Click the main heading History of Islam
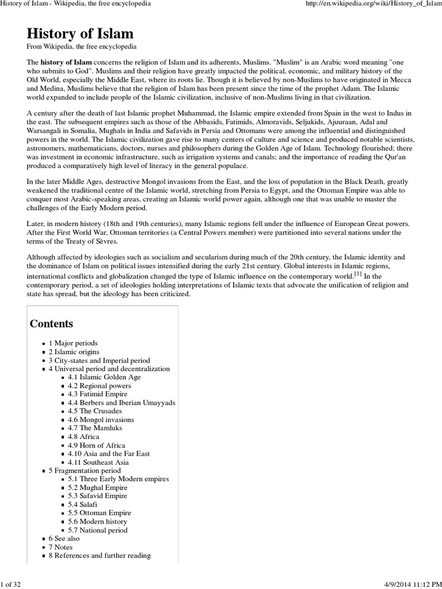[x=80, y=33]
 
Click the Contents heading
[x=51, y=323]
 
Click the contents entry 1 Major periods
[x=73, y=343]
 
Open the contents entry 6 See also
[x=64, y=538]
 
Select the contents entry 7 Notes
[x=60, y=547]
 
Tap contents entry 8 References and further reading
[x=100, y=556]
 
